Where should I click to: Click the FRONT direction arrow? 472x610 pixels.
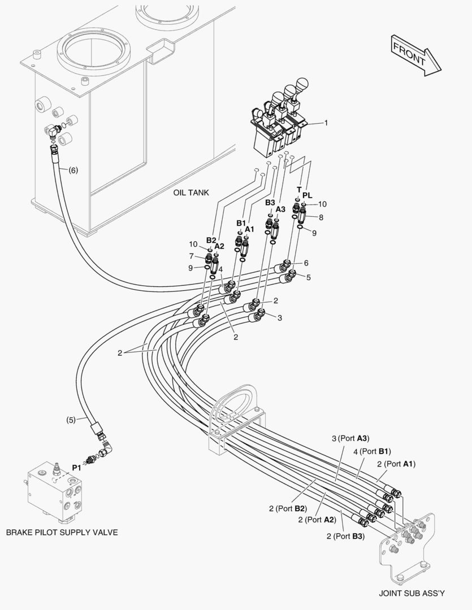coord(416,55)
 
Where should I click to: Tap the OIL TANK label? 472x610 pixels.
coord(191,193)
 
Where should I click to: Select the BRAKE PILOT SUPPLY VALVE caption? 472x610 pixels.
coord(62,532)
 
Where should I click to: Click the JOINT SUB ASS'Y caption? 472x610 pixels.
coord(412,593)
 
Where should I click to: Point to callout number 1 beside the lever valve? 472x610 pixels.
coord(326,123)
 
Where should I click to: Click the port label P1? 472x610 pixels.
coord(76,468)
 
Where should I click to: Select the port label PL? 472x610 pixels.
coord(308,195)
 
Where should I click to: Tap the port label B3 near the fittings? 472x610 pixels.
coord(270,202)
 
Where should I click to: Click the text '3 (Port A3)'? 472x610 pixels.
coord(350,438)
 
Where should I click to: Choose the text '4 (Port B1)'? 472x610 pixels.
coord(372,451)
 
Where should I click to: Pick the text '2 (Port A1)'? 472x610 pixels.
coord(396,464)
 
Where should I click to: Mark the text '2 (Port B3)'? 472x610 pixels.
coord(345,536)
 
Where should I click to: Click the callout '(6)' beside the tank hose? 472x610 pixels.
coord(73,170)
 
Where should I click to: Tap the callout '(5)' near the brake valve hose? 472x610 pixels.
coord(71,420)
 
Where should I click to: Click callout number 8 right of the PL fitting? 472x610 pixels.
coord(321,217)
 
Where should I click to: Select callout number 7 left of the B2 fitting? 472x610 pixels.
coord(191,256)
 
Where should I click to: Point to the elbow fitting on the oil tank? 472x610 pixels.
coord(53,132)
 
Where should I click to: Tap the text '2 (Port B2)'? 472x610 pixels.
coord(288,508)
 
